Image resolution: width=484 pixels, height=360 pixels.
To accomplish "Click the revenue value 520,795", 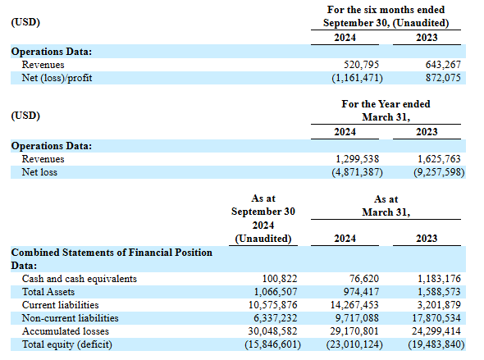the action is coord(361,65).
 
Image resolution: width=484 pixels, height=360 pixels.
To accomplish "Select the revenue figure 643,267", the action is coord(443,65).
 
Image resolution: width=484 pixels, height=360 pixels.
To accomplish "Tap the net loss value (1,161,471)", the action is coord(357,78).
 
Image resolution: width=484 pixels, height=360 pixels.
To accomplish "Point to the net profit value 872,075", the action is coord(443,78).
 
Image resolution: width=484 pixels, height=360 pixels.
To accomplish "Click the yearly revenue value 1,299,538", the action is coord(357,159).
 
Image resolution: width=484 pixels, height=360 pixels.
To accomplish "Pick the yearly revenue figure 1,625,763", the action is coord(439,159).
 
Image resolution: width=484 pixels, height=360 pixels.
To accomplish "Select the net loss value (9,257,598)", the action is coord(439,172).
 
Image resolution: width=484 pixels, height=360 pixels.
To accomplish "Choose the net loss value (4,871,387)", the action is coord(357,172).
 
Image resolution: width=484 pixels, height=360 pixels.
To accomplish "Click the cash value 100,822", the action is coord(280,279).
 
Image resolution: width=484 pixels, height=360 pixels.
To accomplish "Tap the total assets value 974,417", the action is coord(361,292).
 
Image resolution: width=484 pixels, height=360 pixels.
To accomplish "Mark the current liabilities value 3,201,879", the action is coord(439,305).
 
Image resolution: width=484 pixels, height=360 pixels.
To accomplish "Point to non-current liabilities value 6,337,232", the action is coord(276,318).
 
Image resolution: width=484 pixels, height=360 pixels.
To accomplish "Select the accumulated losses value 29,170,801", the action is coord(354,331).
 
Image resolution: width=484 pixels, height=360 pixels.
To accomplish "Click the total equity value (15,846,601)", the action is coord(272,344).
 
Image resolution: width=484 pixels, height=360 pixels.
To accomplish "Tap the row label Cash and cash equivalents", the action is coord(80,279).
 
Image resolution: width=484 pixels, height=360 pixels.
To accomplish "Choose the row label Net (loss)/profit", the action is coord(57,78).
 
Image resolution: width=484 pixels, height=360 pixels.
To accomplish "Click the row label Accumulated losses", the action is coord(66,331).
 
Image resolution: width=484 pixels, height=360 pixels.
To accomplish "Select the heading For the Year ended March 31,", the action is coord(386,111).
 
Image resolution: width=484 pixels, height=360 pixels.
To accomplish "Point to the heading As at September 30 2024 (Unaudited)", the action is coord(263,218).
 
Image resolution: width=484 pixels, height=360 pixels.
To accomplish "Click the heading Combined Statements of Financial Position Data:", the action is coord(112,259).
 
